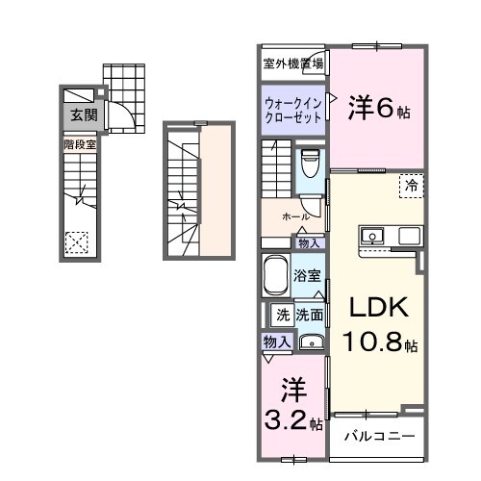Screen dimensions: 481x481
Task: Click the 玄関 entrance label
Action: pos(80,114)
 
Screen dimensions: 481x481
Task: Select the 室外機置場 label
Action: pos(293,63)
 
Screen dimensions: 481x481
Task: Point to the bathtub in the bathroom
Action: pos(276,277)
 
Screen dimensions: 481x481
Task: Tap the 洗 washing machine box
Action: pos(283,314)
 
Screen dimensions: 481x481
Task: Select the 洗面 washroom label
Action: pos(309,314)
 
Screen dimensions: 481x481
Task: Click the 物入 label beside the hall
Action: pos(310,242)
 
